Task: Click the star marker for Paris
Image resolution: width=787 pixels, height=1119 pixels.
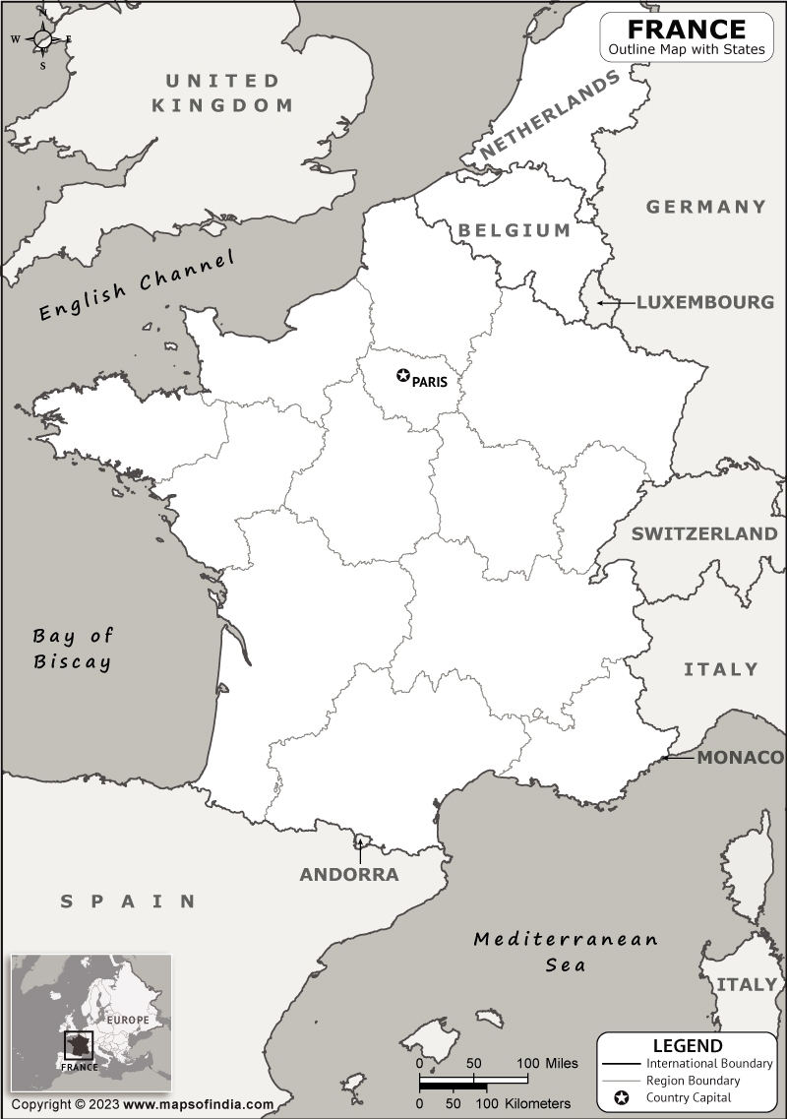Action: pyautogui.click(x=402, y=375)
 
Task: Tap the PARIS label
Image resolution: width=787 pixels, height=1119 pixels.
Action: pyautogui.click(x=429, y=382)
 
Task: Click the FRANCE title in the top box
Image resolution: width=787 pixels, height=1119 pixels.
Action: pyautogui.click(x=687, y=29)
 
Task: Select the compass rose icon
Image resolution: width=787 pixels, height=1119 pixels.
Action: pyautogui.click(x=42, y=39)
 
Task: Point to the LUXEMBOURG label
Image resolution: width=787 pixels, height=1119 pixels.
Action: pyautogui.click(x=705, y=302)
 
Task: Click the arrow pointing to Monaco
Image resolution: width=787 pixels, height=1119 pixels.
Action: pyautogui.click(x=677, y=758)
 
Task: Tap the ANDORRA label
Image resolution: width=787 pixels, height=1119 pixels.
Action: pyautogui.click(x=349, y=875)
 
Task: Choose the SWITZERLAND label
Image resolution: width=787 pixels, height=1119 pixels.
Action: pyautogui.click(x=704, y=534)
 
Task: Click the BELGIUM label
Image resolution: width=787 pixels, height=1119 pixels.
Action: pyautogui.click(x=514, y=230)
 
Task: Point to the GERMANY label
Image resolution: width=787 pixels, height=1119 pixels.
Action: pyautogui.click(x=705, y=207)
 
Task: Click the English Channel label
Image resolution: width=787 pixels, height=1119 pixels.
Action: pyautogui.click(x=138, y=285)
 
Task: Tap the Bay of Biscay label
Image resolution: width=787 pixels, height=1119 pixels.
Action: pyautogui.click(x=72, y=649)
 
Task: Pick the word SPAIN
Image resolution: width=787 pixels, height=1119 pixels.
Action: pyautogui.click(x=128, y=901)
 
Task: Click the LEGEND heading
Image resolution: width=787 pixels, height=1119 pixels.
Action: pyautogui.click(x=687, y=1046)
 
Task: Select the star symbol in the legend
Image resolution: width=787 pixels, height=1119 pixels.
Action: pyautogui.click(x=621, y=1097)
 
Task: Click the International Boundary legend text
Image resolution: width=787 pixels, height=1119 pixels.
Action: pyautogui.click(x=708, y=1064)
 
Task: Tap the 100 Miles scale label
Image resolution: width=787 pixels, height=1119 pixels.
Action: pyautogui.click(x=548, y=1064)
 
